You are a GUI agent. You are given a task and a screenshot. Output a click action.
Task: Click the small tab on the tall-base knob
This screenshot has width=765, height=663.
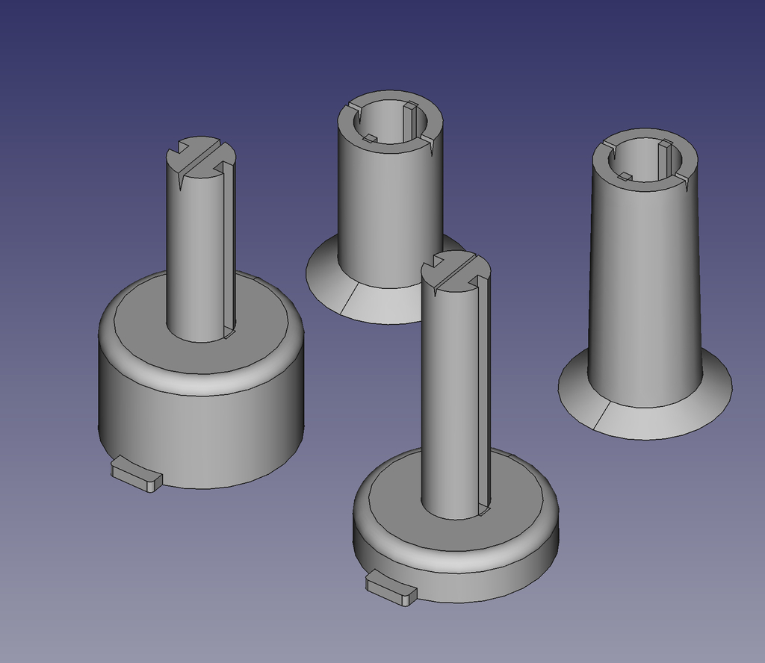(137, 475)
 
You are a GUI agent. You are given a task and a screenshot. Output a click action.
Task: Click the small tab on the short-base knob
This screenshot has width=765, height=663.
(391, 588)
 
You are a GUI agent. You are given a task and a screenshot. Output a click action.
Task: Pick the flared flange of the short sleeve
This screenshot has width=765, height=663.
(388, 302)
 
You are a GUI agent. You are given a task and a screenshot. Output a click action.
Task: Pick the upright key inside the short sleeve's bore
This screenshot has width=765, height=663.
(409, 119)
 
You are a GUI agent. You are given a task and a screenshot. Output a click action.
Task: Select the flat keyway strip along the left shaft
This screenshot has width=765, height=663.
(229, 246)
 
